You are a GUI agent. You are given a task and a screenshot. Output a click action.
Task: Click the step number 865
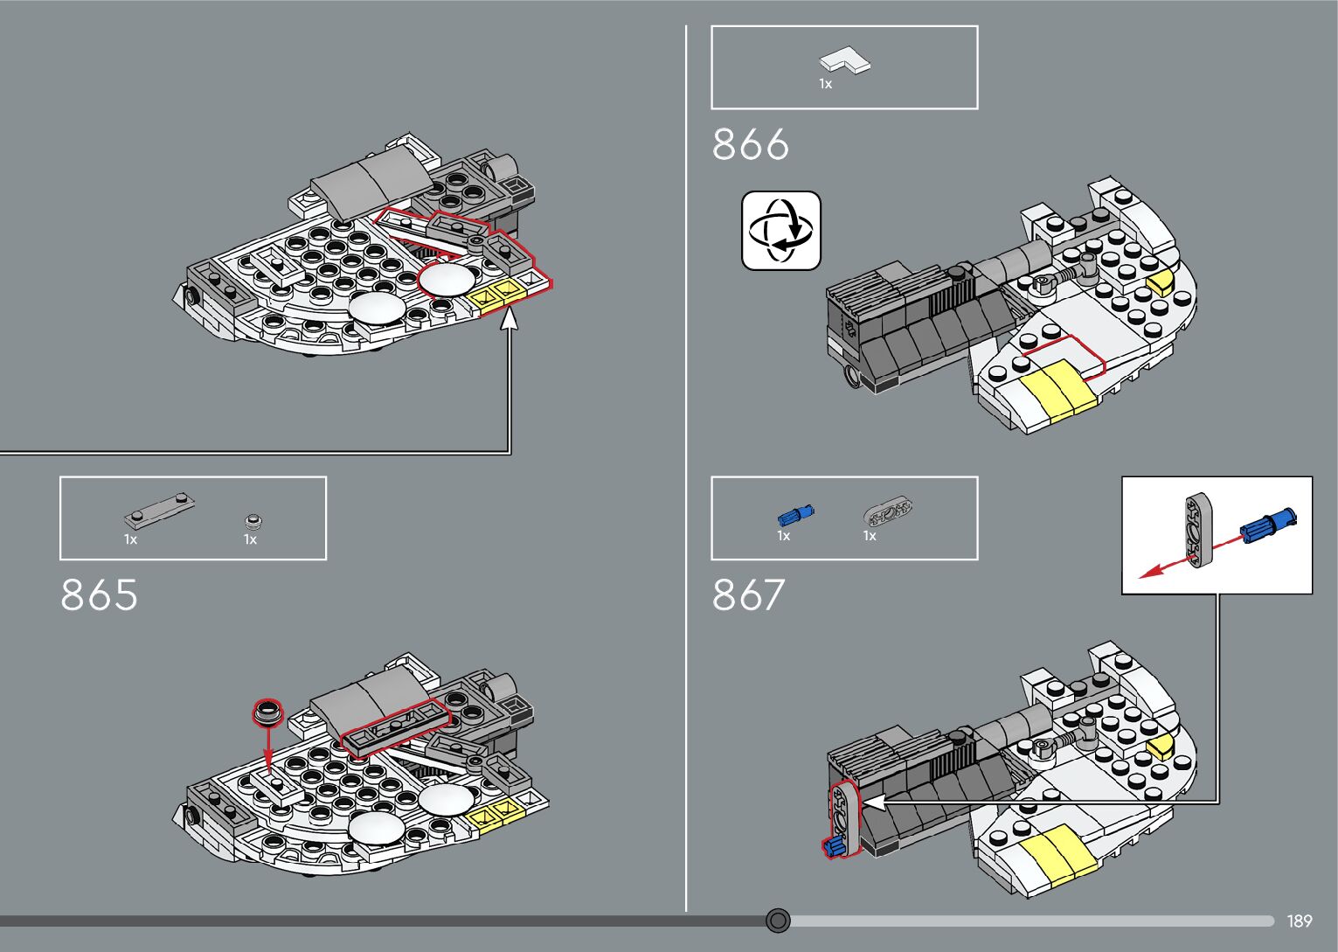click(99, 595)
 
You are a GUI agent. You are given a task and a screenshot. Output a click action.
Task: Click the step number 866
click(750, 144)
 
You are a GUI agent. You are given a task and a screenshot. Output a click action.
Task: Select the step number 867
click(748, 595)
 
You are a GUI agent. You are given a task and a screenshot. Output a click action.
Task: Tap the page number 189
click(1299, 921)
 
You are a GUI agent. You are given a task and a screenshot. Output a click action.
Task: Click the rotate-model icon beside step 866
click(781, 231)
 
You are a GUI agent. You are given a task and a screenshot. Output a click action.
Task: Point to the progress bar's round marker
click(778, 921)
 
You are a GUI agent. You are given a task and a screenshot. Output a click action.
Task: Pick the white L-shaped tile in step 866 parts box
click(845, 61)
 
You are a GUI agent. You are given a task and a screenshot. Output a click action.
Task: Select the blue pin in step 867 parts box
click(795, 515)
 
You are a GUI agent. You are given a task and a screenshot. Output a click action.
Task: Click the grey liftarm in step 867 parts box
click(888, 511)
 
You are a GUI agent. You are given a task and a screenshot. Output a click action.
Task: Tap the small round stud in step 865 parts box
click(253, 522)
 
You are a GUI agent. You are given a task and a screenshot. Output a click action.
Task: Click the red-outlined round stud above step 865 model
click(268, 711)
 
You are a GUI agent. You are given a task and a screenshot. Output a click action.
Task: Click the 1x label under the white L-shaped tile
click(825, 84)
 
